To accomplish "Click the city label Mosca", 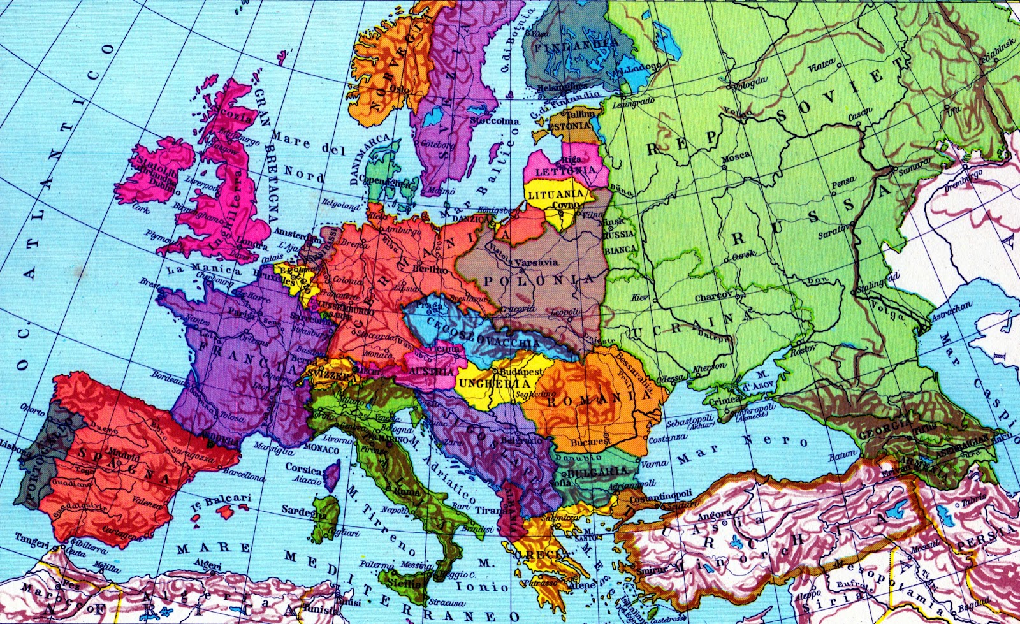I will click(x=735, y=156).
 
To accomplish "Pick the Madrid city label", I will click(x=127, y=456).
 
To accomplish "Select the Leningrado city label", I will click(x=634, y=101).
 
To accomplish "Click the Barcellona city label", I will click(x=244, y=475).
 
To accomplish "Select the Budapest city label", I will click(x=521, y=371).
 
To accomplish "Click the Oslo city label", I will click(x=399, y=89).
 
